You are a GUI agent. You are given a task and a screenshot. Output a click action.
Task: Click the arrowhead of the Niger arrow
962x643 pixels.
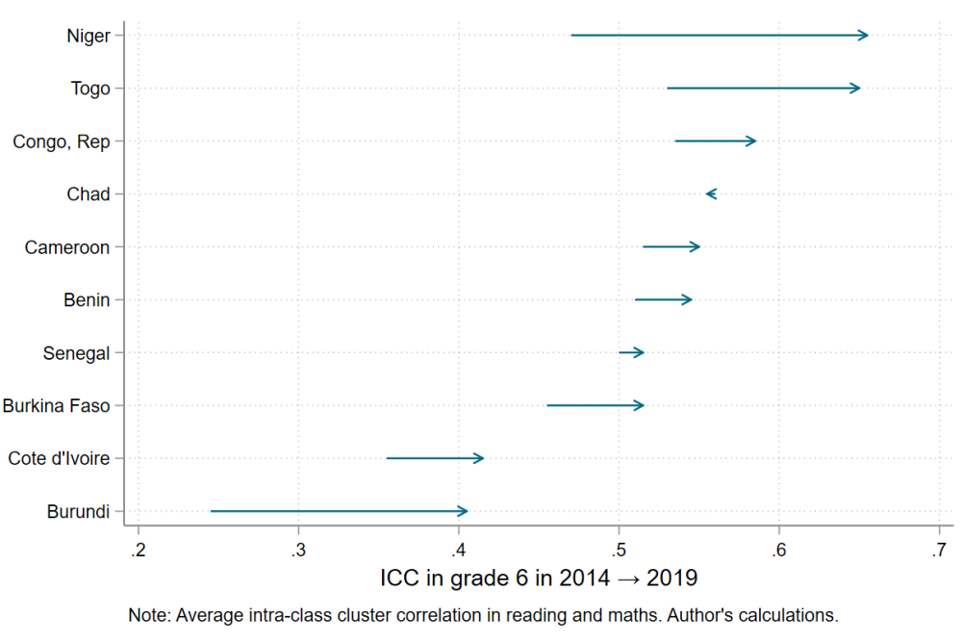[865, 36]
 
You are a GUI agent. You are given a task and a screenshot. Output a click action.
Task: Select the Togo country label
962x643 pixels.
[90, 89]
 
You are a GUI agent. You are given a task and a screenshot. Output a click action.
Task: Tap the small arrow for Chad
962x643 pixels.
[711, 194]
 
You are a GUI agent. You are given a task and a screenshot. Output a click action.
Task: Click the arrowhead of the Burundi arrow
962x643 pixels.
[464, 511]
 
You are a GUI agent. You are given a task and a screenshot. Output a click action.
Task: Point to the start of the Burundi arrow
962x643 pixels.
[212, 511]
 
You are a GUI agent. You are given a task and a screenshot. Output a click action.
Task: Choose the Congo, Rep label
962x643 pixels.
[62, 141]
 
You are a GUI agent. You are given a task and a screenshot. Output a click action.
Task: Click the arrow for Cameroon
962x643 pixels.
[671, 247]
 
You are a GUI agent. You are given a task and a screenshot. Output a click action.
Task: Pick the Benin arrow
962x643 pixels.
[663, 300]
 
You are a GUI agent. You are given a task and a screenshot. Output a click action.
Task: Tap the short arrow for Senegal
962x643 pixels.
[631, 353]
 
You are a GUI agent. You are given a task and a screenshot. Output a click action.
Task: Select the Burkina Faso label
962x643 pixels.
[56, 406]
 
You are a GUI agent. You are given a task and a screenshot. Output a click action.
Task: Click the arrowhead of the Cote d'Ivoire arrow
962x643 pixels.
[480, 458]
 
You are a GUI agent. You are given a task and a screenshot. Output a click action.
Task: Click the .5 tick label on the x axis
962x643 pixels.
[619, 550]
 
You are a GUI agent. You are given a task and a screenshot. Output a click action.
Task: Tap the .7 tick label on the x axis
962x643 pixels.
[938, 550]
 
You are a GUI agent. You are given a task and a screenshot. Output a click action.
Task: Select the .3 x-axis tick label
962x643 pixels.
[298, 550]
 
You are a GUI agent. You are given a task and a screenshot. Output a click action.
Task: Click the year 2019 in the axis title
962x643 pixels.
[671, 579]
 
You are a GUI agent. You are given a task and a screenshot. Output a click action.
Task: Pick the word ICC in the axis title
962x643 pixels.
[399, 579]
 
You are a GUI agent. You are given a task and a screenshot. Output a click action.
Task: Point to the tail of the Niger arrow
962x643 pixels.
[572, 36]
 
